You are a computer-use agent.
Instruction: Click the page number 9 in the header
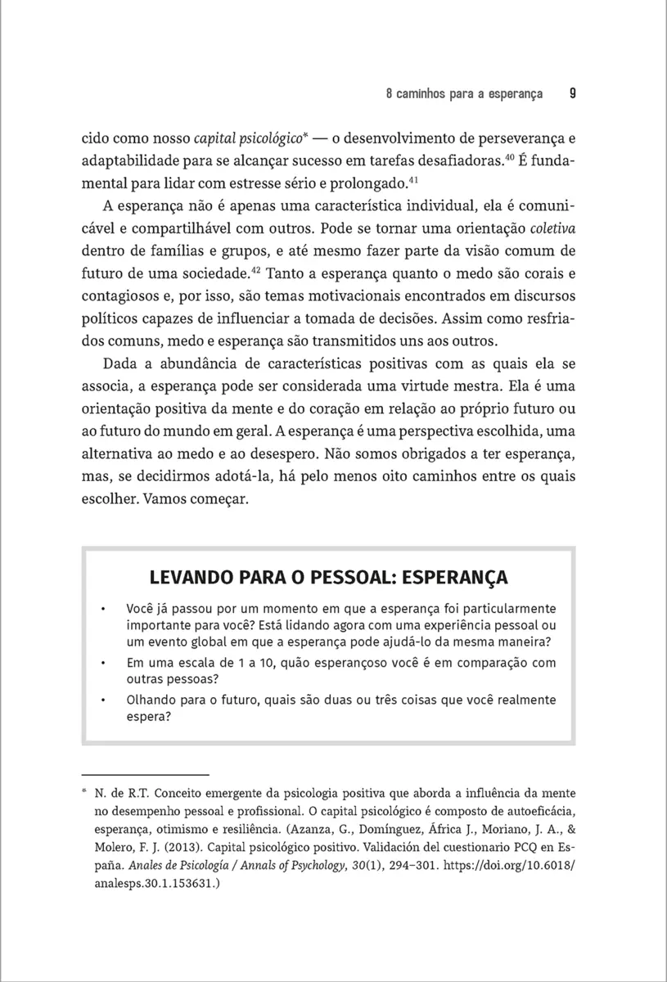[572, 93]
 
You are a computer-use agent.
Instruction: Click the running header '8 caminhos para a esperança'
[464, 94]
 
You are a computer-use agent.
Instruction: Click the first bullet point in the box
[102, 610]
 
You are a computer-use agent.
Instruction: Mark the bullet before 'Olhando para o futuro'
[102, 700]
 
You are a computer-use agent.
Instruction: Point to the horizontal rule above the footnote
[146, 774]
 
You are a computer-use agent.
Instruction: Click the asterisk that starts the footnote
[85, 792]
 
